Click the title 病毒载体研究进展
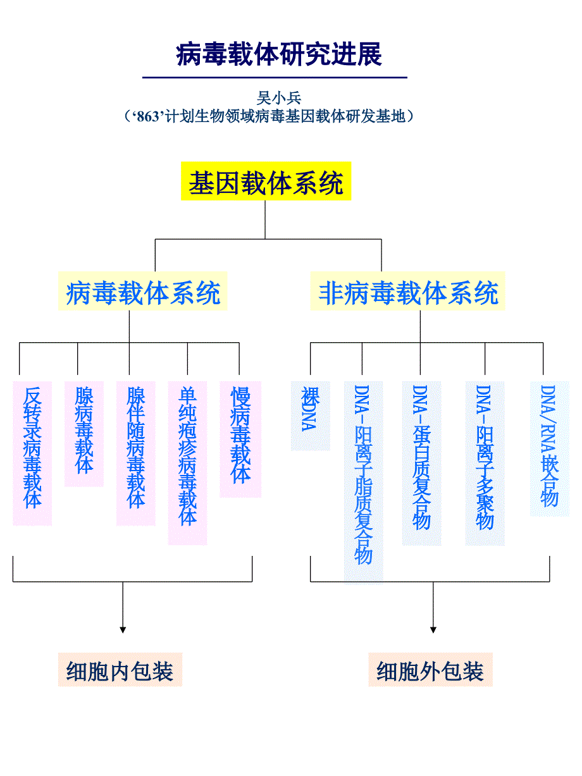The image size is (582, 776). [x=279, y=55]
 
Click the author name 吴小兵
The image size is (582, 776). [x=279, y=98]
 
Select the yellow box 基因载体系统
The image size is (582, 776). [x=266, y=183]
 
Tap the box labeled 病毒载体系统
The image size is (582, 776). [x=143, y=293]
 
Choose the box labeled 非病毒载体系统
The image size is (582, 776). [x=408, y=293]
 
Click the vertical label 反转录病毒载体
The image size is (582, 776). [x=32, y=449]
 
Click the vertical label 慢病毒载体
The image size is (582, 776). [x=240, y=436]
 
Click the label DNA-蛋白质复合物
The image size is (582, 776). [x=421, y=458]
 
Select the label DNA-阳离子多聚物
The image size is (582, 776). [x=485, y=458]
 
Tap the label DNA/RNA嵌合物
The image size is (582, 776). [x=548, y=446]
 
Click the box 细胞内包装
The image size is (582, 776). [x=120, y=671]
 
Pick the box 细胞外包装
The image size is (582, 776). [x=430, y=671]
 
